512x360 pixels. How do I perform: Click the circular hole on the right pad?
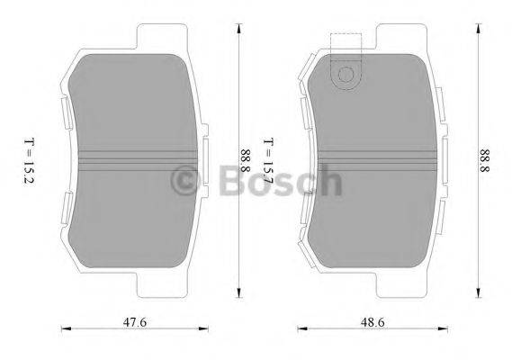pos(345,76)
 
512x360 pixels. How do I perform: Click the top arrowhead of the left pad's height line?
pos(238,28)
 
